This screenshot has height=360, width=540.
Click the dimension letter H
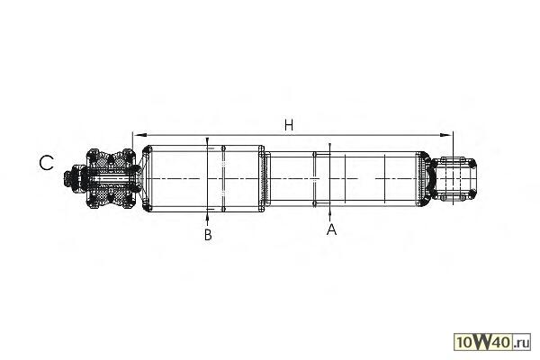(x=288, y=124)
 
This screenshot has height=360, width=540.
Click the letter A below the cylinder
(x=331, y=230)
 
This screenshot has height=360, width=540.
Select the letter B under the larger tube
(x=208, y=235)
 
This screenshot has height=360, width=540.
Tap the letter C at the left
(x=47, y=162)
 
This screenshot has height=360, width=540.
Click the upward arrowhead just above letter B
(x=208, y=215)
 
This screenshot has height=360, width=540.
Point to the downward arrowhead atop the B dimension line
(x=208, y=145)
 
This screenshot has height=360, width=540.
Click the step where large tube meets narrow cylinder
(x=265, y=179)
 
